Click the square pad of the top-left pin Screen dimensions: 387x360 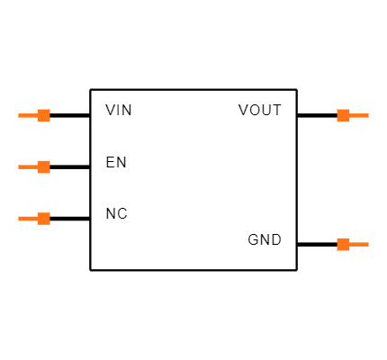[43, 115]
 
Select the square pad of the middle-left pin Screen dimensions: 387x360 [43, 166]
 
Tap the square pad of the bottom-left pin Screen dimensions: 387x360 [43, 218]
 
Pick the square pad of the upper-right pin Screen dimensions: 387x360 [343, 115]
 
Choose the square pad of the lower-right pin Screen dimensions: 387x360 [343, 244]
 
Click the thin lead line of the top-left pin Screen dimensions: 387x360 [28, 115]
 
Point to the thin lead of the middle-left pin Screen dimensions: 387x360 [28, 166]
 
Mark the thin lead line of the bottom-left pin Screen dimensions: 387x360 [28, 218]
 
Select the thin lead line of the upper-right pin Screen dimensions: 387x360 [359, 115]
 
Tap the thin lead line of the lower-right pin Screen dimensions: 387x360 [359, 244]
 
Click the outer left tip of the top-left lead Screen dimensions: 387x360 [19, 115]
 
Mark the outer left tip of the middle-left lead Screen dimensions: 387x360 [19, 166]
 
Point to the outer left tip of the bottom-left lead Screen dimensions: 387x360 [19, 218]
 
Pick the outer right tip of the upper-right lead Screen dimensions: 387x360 [368, 115]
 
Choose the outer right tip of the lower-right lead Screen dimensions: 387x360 [368, 244]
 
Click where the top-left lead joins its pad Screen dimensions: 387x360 [37, 115]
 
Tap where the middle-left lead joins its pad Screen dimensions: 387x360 [37, 166]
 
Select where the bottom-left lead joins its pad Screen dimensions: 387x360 [37, 218]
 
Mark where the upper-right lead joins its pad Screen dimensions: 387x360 [349, 115]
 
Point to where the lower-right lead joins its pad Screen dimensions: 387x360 [349, 244]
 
